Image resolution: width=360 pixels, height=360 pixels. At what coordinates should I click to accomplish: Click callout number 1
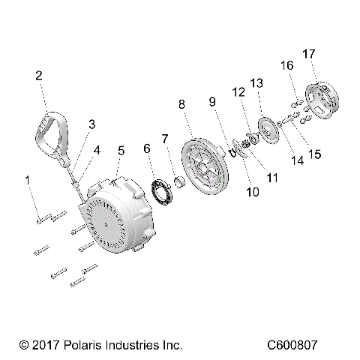(x=28, y=181)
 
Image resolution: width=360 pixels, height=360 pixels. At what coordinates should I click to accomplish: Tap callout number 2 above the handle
(x=38, y=76)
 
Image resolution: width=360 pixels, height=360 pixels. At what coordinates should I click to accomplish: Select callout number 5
(x=121, y=151)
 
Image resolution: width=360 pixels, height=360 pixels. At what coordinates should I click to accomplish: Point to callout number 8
(x=181, y=105)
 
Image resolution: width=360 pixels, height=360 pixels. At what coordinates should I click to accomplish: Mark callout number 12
(x=238, y=92)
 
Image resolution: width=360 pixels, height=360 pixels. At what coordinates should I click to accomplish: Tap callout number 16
(x=288, y=65)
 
